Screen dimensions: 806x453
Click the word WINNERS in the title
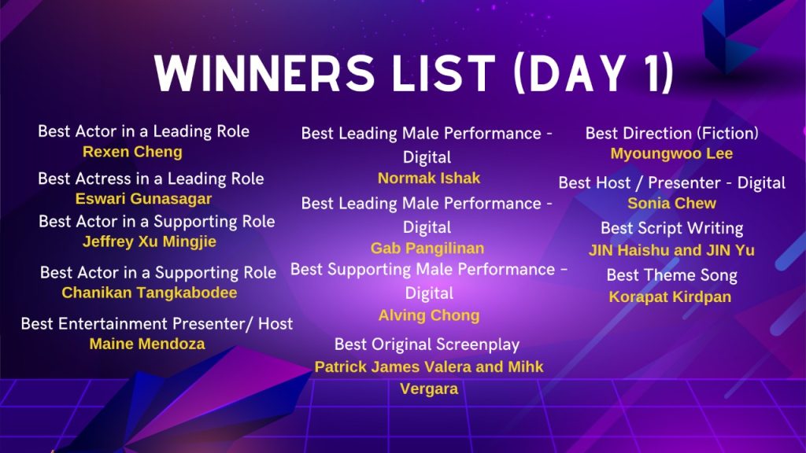click(264, 73)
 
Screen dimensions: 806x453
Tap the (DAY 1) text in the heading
click(593, 73)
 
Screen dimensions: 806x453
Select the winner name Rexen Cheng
click(132, 152)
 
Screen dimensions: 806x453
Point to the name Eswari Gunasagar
click(143, 199)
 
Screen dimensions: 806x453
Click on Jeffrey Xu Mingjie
click(150, 242)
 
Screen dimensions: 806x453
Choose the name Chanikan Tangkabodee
click(150, 293)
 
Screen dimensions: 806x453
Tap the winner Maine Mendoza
click(147, 344)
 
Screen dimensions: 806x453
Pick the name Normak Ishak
click(429, 179)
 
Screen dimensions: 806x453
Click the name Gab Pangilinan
click(427, 249)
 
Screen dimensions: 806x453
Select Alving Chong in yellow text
click(429, 315)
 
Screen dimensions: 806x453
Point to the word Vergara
click(429, 389)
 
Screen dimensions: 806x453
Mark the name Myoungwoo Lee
click(671, 153)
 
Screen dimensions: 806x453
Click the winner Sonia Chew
click(671, 204)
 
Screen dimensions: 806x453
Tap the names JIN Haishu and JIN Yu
click(671, 250)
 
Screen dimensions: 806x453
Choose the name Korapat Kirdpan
click(670, 296)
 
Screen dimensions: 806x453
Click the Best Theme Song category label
click(671, 275)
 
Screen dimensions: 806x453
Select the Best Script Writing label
click(671, 228)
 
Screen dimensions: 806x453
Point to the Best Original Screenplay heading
click(427, 344)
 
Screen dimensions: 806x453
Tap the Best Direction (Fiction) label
click(671, 134)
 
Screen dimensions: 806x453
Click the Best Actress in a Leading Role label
click(150, 179)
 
